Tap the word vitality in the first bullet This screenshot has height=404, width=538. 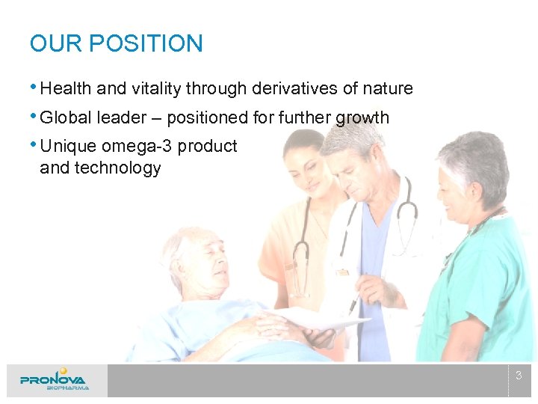pyautogui.click(x=155, y=88)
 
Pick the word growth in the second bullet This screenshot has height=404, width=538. pyautogui.click(x=362, y=117)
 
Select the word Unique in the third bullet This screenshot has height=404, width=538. pyautogui.click(x=66, y=146)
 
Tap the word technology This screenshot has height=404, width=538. pyautogui.click(x=100, y=168)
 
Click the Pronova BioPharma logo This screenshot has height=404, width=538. pyautogui.click(x=55, y=380)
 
